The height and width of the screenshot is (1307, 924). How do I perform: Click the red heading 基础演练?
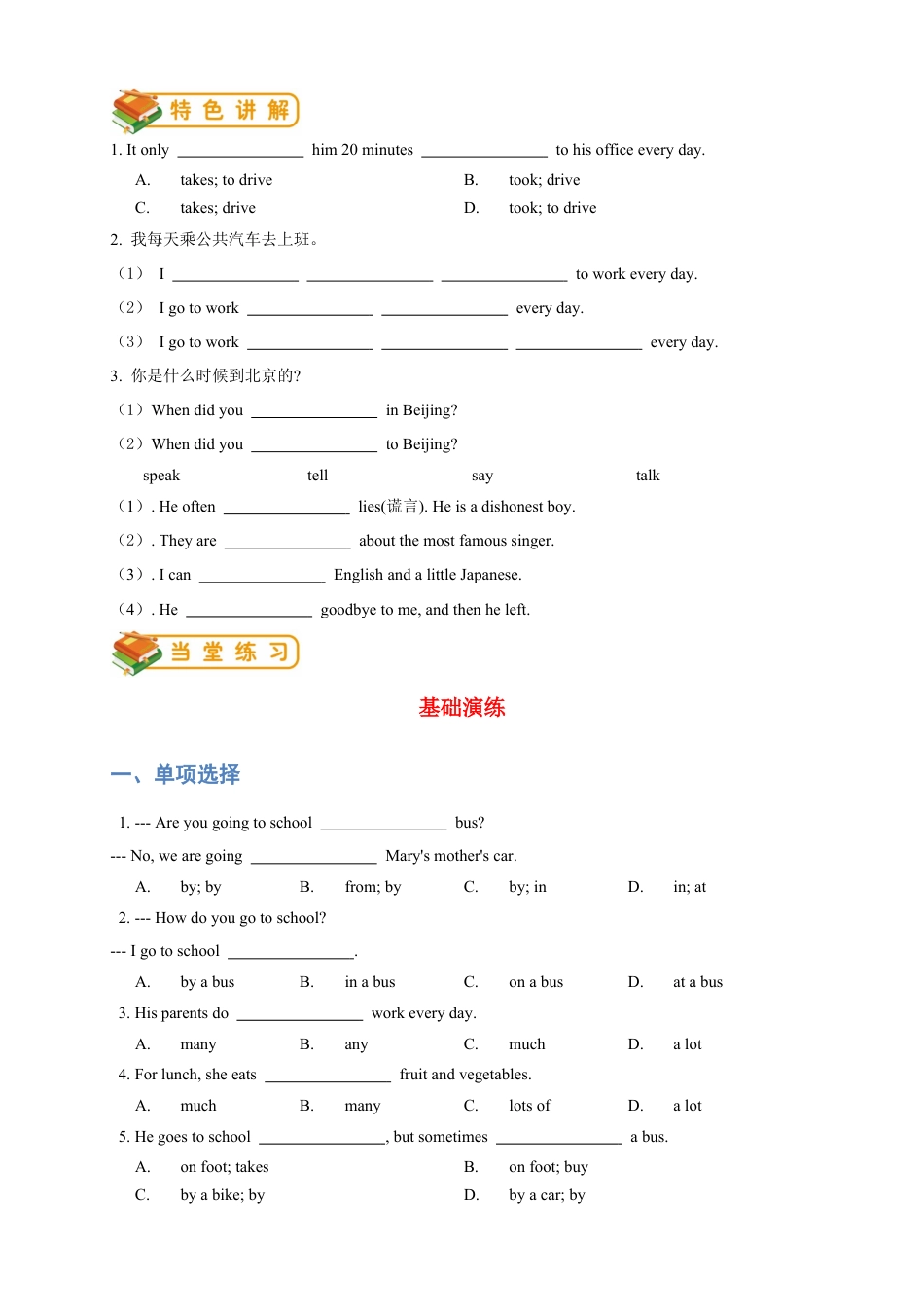[462, 708]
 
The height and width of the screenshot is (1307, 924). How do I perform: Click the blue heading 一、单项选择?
[175, 775]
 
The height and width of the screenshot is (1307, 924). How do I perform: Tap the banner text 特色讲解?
[230, 111]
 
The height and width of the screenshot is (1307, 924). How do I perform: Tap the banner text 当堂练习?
[230, 653]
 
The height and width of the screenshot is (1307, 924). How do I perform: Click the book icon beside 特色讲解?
[136, 111]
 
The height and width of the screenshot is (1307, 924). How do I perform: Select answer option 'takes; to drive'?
[226, 180]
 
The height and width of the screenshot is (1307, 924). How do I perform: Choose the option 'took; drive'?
[544, 180]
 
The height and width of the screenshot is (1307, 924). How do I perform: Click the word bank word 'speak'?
[161, 476]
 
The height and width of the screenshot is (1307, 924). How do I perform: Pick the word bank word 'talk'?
[648, 476]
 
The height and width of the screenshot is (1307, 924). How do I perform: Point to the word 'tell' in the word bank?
[318, 476]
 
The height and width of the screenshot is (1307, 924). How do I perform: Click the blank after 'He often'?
[287, 509]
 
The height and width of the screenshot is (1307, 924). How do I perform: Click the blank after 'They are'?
[288, 543]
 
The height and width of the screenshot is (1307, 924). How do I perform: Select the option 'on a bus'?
[536, 982]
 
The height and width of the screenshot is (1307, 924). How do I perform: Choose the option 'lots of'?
[529, 1106]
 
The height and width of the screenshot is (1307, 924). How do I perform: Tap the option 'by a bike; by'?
[222, 1195]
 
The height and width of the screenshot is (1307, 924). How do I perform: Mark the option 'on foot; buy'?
[548, 1167]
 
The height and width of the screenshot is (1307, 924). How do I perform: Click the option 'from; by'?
[373, 887]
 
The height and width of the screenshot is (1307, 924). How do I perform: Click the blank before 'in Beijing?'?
[314, 412]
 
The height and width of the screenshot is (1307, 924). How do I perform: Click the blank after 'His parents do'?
[300, 1015]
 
